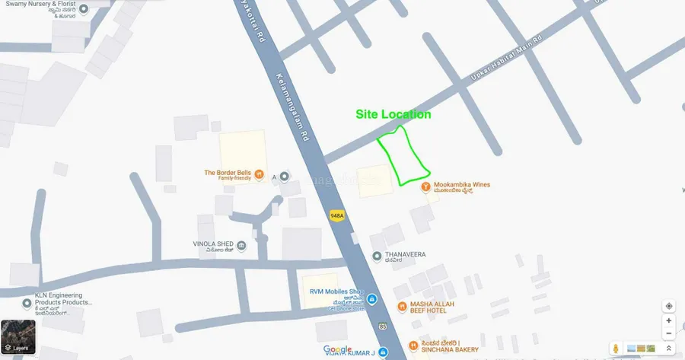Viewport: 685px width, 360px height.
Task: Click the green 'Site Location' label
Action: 393,114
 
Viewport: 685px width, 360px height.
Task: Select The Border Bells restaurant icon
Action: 260,174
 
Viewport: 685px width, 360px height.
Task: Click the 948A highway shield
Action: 337,215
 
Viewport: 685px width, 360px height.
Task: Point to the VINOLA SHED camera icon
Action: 241,245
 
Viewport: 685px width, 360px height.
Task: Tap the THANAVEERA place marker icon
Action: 377,256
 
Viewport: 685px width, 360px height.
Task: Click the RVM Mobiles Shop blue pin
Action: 371,298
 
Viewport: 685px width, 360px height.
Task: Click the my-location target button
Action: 668,306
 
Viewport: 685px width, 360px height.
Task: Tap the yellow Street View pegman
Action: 615,348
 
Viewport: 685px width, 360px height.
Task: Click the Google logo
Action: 338,350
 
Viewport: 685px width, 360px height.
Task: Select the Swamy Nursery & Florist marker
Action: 83,8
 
